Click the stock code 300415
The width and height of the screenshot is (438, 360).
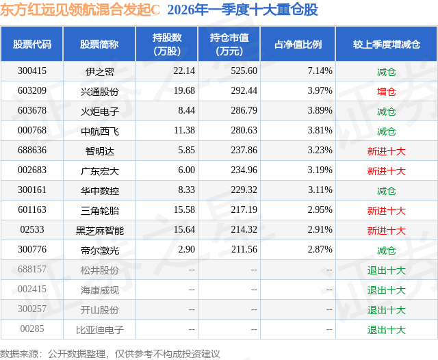click(x=32, y=71)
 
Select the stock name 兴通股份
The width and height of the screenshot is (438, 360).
click(x=99, y=91)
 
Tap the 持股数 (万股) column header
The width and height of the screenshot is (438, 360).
click(x=167, y=44)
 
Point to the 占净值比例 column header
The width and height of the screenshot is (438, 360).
click(x=298, y=44)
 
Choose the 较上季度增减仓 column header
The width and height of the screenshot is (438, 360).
click(x=386, y=44)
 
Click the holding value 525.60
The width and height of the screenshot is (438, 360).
click(x=244, y=71)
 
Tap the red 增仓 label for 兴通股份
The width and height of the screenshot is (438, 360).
click(x=386, y=91)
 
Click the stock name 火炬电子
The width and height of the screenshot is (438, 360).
click(x=99, y=111)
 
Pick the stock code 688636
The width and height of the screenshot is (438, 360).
click(x=32, y=151)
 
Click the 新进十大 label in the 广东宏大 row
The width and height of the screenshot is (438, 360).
click(x=386, y=170)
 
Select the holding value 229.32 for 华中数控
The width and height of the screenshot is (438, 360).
click(x=244, y=190)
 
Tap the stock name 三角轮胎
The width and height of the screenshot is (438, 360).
click(x=99, y=210)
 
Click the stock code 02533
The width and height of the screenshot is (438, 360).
click(x=32, y=230)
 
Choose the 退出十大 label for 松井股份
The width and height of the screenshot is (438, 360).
click(x=386, y=270)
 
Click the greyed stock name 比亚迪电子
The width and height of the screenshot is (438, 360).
click(x=99, y=329)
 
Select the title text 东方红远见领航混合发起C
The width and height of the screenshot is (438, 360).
click(x=80, y=10)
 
